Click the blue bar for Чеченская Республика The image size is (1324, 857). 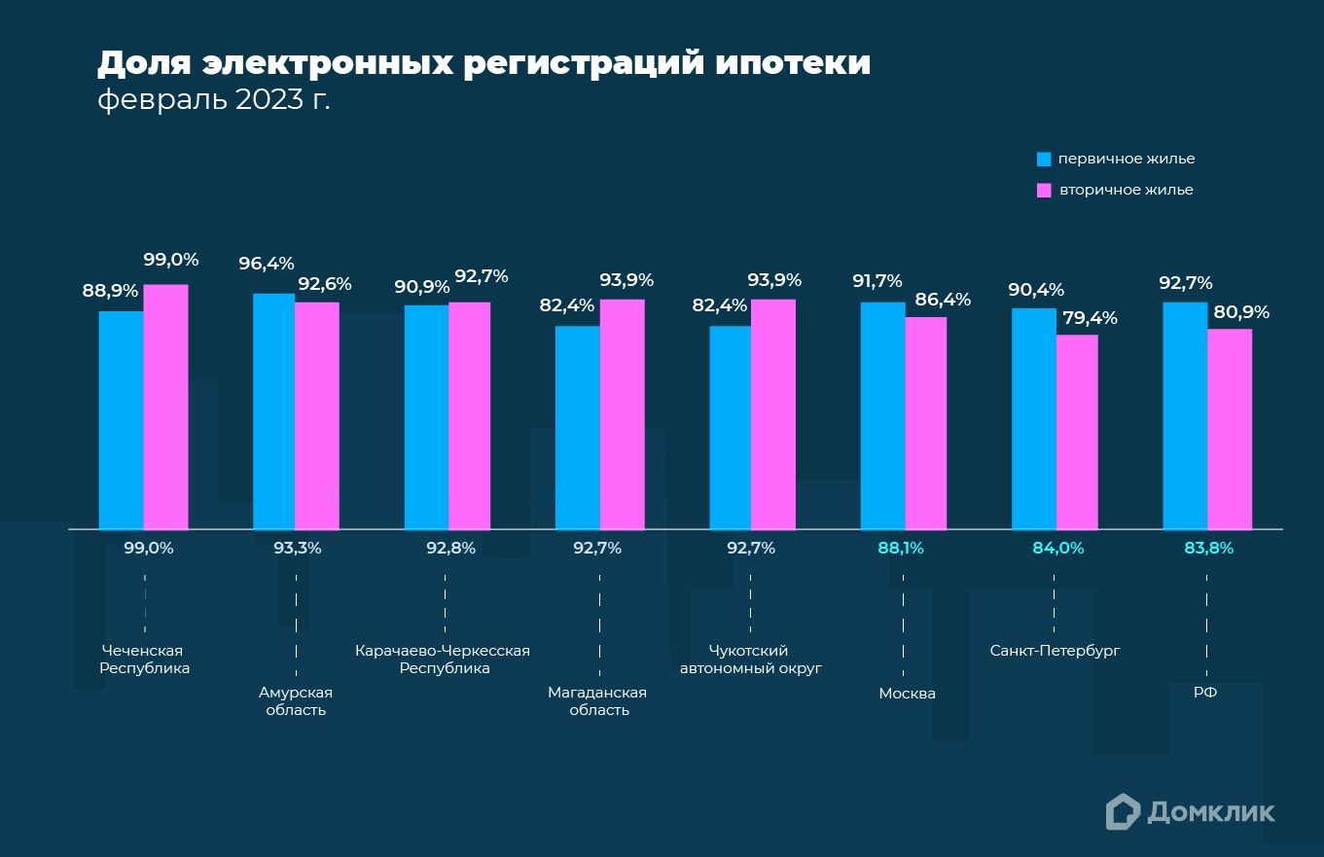[x=122, y=420]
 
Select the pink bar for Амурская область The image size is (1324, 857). [x=317, y=415]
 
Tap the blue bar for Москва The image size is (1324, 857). [x=883, y=415]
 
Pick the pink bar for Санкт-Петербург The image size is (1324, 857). [x=1077, y=432]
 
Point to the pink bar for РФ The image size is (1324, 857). [x=1230, y=429]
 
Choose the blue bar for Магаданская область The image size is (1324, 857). [x=578, y=427]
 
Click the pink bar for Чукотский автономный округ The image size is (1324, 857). [x=773, y=414]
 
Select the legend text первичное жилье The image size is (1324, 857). [x=1127, y=159]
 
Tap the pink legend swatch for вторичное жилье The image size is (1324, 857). [x=1044, y=190]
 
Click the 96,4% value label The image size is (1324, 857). [x=267, y=264]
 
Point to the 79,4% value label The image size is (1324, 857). [x=1091, y=318]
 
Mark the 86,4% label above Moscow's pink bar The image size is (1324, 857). [x=943, y=300]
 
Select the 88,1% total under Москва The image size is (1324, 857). [x=901, y=548]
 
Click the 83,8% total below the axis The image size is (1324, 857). [x=1208, y=548]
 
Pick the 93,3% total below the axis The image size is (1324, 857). [x=297, y=548]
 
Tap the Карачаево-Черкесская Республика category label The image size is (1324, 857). [x=444, y=660]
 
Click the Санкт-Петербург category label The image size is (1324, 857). [x=1055, y=651]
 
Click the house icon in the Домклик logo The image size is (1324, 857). [x=1123, y=811]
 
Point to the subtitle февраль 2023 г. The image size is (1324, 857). [x=214, y=100]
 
